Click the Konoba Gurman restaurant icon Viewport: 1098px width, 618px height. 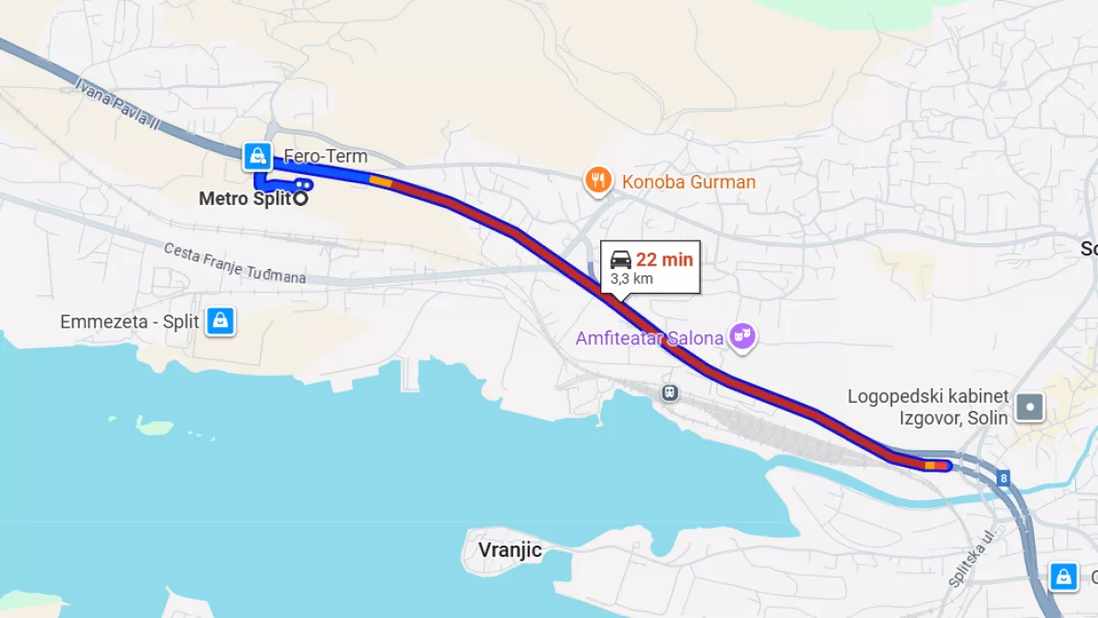[x=598, y=180]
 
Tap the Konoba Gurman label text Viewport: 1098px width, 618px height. [x=689, y=181]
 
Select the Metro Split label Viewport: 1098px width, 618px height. [x=244, y=198]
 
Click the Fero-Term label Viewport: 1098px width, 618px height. [x=326, y=157]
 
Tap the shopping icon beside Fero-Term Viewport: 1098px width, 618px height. [x=256, y=156]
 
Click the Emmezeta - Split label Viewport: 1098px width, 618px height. [x=130, y=321]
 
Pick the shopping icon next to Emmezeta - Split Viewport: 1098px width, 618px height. [x=221, y=320]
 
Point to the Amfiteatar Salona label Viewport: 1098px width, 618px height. [x=650, y=338]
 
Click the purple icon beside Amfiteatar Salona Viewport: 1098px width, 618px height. [x=743, y=338]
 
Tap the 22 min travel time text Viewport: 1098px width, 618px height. [x=665, y=259]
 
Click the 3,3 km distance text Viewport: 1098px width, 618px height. [x=631, y=278]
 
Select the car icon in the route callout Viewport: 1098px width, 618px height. [x=620, y=259]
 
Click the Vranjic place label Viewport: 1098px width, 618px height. [x=511, y=550]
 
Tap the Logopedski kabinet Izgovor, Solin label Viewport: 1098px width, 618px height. [x=928, y=407]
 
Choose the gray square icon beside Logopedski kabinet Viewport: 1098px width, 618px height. [x=1030, y=407]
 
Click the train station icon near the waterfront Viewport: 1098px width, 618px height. [x=671, y=393]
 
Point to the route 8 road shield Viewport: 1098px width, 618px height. [x=1004, y=478]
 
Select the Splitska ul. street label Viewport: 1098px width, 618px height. [x=972, y=558]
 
